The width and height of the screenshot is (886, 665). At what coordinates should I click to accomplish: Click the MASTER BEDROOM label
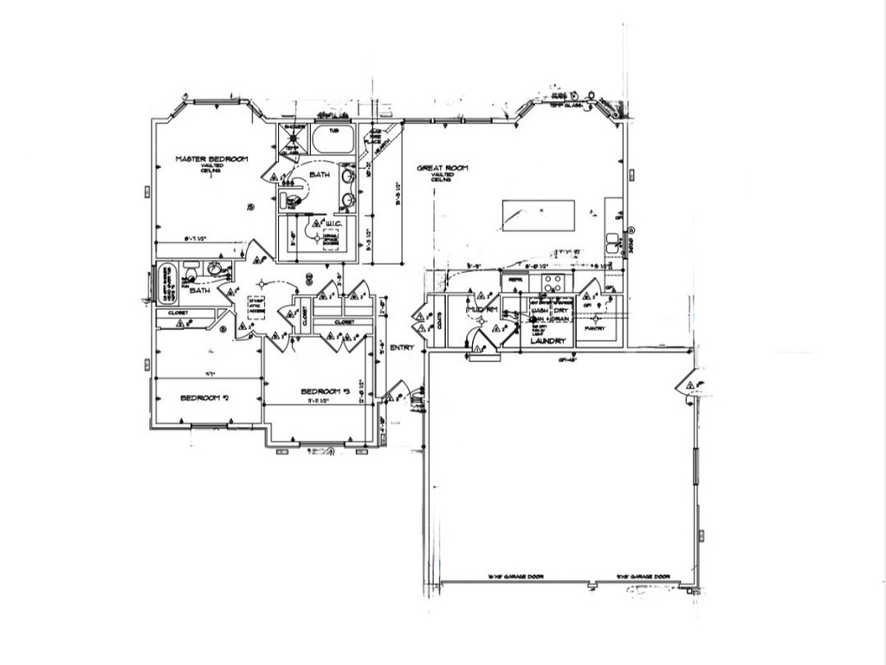pos(211,159)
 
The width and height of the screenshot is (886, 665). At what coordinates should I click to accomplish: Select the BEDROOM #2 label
pos(204,398)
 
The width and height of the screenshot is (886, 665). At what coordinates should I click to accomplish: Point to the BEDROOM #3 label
pos(325,392)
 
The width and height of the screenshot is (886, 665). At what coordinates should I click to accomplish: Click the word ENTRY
pos(402,348)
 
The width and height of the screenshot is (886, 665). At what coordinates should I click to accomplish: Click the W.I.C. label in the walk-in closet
pos(333,223)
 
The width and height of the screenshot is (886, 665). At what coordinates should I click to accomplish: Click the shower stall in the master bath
pos(292,139)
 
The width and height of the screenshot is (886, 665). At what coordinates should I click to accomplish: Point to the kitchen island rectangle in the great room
pos(539,216)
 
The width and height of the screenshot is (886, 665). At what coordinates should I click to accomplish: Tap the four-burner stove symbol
pos(553,282)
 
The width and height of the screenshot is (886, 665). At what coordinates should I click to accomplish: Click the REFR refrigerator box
pos(514,281)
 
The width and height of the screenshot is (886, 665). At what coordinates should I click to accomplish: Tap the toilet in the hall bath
pos(191,268)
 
